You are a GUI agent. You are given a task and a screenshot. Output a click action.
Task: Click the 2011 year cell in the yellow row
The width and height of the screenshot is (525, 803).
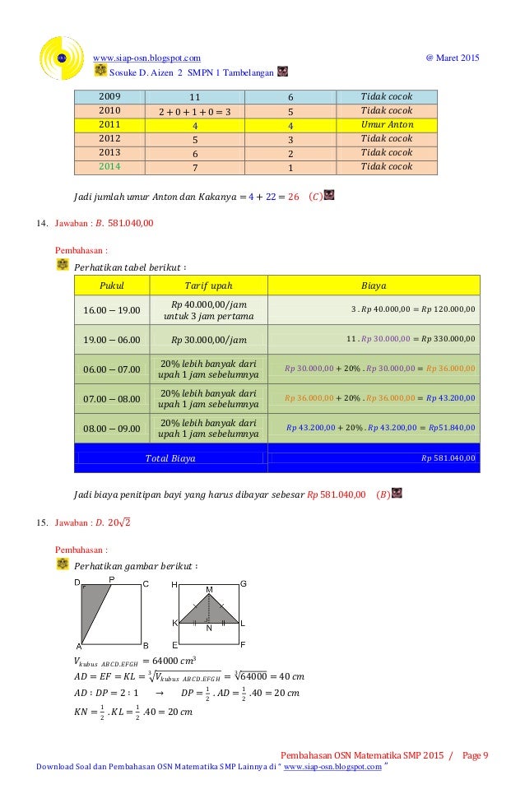click(109, 124)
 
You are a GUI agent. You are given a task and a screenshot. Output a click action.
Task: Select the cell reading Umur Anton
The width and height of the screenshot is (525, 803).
click(387, 124)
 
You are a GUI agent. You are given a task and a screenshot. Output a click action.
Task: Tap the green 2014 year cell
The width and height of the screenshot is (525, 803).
click(109, 167)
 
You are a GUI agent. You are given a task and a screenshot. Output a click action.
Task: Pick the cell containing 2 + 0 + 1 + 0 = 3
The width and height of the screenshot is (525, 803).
click(193, 110)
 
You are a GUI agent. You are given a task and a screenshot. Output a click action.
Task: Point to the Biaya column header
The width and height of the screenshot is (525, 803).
click(374, 285)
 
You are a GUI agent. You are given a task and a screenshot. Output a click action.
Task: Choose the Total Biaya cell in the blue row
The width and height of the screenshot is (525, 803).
click(170, 458)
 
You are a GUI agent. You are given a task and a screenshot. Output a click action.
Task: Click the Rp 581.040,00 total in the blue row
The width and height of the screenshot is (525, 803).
click(448, 458)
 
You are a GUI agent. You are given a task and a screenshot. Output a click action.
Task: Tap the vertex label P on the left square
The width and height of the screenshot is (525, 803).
click(111, 579)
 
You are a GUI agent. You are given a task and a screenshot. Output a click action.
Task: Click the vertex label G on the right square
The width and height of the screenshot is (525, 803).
click(243, 583)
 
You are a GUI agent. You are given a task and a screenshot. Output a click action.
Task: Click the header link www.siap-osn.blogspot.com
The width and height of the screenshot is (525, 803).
click(147, 57)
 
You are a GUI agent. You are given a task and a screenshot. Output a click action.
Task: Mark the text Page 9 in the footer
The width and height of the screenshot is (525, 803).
click(475, 755)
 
